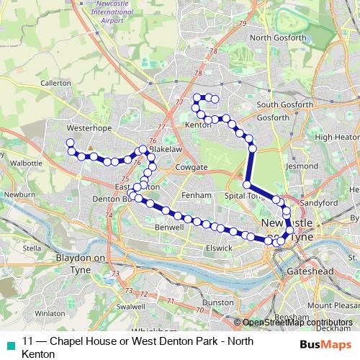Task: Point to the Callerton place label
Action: click(56, 84)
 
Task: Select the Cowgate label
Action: click(189, 167)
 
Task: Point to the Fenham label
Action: click(196, 195)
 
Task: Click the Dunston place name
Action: click(217, 304)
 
